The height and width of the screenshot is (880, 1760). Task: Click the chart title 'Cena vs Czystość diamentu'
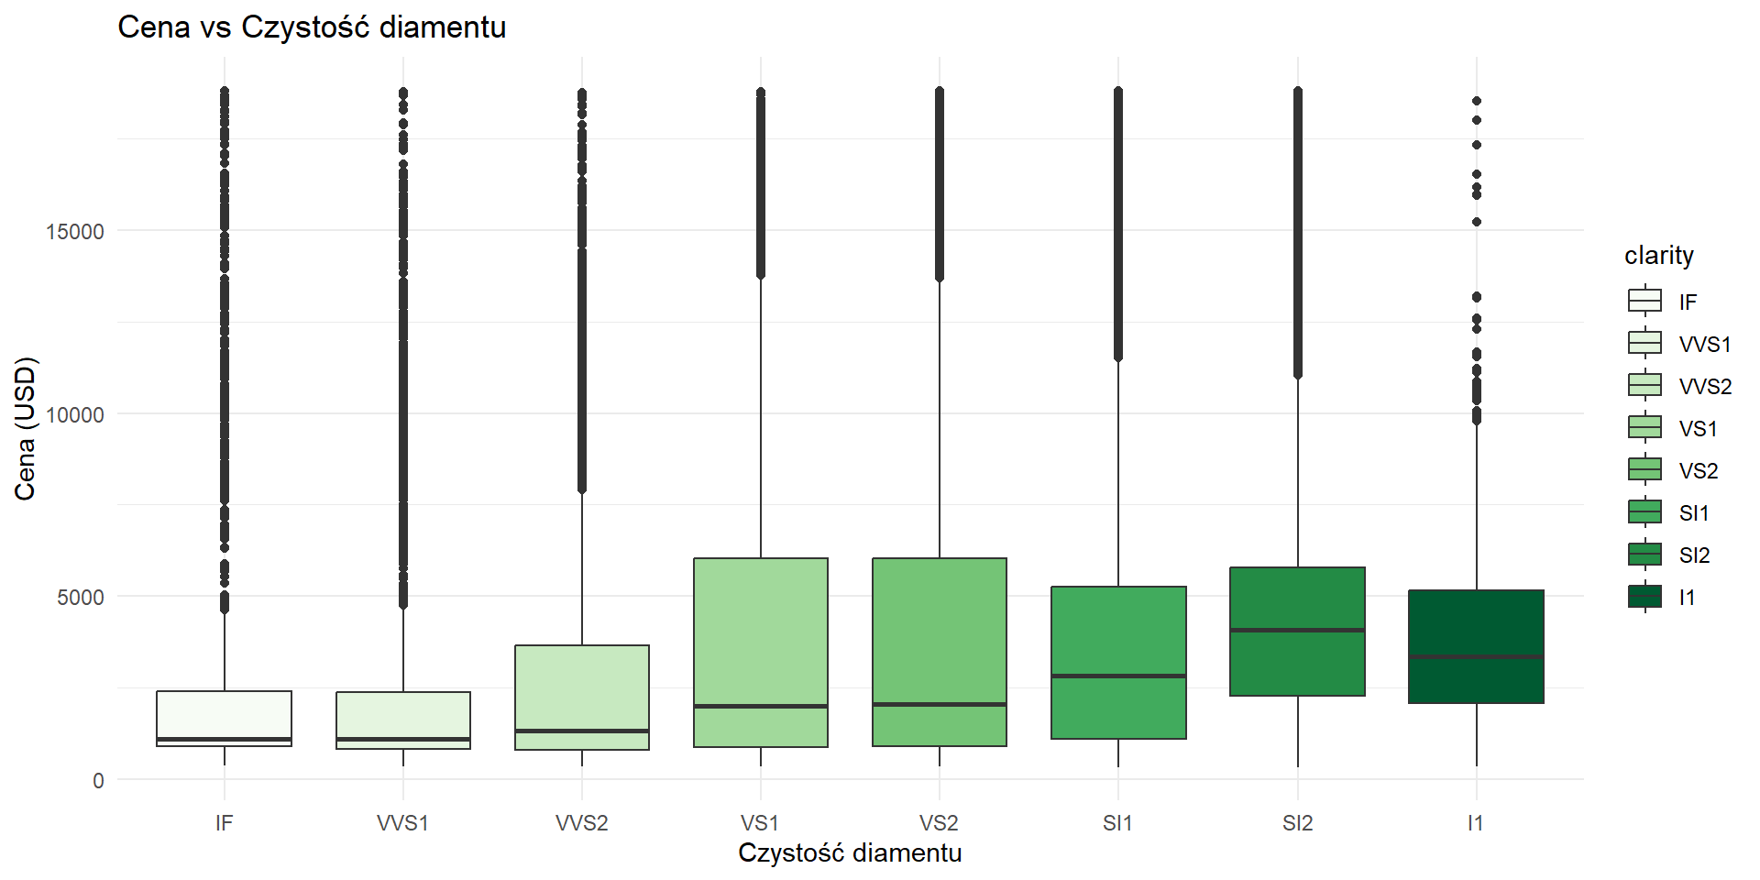[x=312, y=27]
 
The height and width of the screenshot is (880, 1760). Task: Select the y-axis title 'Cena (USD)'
[x=25, y=429]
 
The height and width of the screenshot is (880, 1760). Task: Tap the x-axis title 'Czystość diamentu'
[x=850, y=852]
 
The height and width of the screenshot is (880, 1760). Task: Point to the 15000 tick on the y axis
[x=75, y=231]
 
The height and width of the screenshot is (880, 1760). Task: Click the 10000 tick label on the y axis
[x=75, y=414]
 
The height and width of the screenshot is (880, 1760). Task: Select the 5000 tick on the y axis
[x=81, y=598]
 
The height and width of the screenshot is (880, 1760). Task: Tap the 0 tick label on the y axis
[x=98, y=781]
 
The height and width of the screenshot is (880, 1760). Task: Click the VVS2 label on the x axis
[x=582, y=823]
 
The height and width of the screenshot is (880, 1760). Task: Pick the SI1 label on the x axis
[x=1117, y=823]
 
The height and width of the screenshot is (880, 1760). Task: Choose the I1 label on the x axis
[x=1475, y=823]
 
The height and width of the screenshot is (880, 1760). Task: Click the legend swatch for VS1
[x=1644, y=428]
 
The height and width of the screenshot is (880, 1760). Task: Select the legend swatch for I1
[x=1644, y=597]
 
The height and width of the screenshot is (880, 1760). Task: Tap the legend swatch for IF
[x=1644, y=301]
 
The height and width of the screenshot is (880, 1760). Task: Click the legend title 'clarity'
[x=1659, y=255]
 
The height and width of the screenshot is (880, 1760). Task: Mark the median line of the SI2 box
[x=1297, y=630]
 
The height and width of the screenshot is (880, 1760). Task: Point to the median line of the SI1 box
[x=1118, y=676]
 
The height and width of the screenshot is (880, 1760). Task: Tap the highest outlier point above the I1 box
[x=1476, y=101]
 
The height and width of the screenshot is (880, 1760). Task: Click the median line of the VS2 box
[x=940, y=704]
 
